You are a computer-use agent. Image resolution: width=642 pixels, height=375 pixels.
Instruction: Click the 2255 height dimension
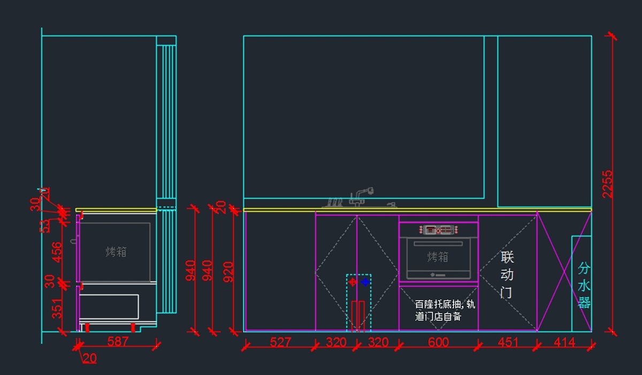pos(607,184)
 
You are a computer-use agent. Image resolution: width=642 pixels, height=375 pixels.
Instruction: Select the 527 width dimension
pos(280,342)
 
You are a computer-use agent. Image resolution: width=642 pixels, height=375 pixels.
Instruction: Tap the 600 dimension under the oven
pos(438,342)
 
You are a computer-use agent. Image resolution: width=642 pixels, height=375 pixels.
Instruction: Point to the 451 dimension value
pos(508,342)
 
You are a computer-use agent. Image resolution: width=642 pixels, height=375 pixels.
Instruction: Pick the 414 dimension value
pos(564,342)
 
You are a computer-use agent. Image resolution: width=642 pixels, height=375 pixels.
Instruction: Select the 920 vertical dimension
pos(228,271)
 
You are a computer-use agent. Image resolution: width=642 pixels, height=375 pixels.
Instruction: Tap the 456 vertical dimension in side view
pos(56,253)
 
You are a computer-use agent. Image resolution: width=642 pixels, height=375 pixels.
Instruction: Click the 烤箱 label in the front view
pos(438,257)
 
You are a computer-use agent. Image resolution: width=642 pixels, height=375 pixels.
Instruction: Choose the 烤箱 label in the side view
pos(116,252)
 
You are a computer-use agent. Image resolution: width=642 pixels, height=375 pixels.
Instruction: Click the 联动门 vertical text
pos(507,275)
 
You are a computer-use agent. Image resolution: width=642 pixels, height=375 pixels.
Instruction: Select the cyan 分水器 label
pos(584,285)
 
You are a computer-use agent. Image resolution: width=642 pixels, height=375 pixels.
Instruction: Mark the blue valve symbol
pos(365,282)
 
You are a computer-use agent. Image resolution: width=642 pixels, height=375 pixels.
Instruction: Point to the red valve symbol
pos(353,282)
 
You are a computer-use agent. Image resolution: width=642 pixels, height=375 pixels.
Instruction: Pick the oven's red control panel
pos(438,230)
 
